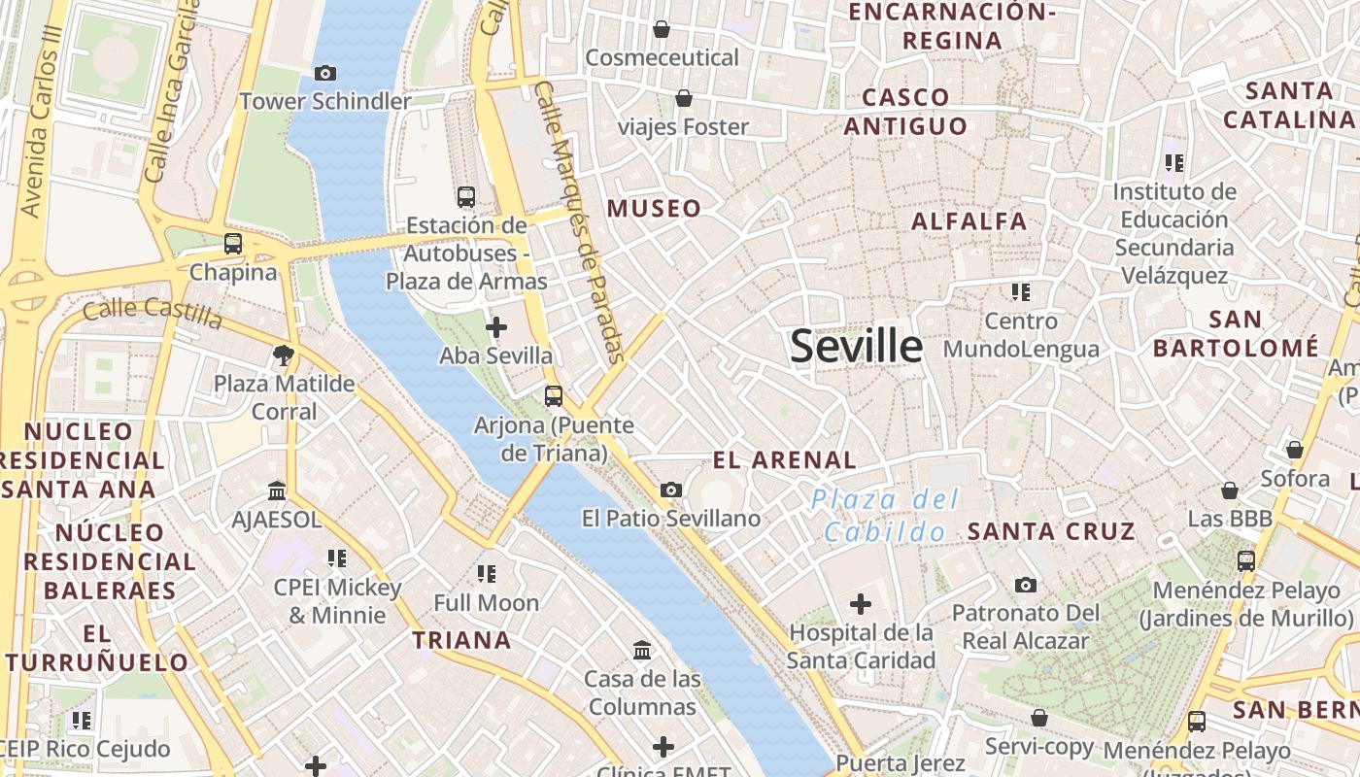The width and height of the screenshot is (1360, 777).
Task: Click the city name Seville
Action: pos(856,346)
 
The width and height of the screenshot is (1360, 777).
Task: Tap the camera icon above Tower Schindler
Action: pos(325,73)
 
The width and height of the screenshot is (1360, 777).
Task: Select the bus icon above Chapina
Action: pos(233,244)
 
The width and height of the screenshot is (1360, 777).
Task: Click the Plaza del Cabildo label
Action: pos(885,516)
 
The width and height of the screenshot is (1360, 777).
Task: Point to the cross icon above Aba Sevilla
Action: pos(496,327)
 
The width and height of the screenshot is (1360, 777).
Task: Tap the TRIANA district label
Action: pos(461,640)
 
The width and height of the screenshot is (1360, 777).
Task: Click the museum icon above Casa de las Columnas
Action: pos(642,650)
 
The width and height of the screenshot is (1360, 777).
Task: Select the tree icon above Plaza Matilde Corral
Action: pos(284,355)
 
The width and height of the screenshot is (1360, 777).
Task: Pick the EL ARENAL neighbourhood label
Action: pos(785,460)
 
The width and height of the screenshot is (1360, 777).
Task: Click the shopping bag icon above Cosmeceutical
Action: pos(662,29)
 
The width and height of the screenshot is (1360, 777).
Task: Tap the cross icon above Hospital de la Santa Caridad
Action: pos(860,605)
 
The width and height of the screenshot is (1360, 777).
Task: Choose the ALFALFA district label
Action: pos(969,221)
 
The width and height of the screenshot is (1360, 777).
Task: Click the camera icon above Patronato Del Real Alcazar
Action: pos(1025,585)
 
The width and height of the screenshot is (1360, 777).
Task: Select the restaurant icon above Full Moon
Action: pos(486,574)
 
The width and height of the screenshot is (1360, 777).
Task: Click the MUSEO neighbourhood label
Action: pos(654,209)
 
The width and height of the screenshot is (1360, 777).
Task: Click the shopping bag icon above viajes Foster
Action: pos(684,98)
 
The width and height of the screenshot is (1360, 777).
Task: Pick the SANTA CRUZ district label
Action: pos(1051,531)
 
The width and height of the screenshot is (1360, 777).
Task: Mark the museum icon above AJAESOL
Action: pos(277,490)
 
